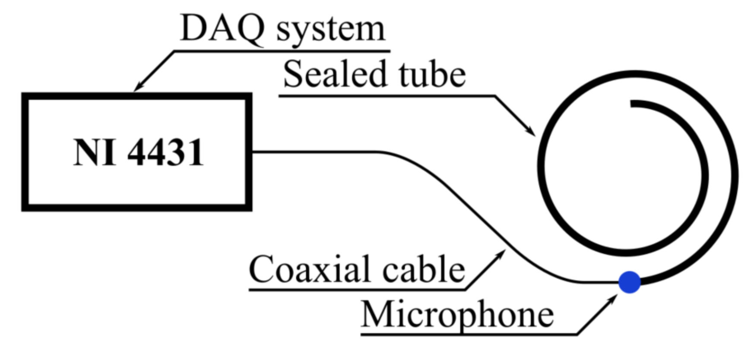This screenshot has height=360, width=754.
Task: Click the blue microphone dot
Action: click(629, 282)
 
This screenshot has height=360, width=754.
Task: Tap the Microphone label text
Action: click(457, 315)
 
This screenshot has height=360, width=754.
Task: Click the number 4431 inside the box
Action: click(165, 152)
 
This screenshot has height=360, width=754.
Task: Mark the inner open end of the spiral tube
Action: click(633, 104)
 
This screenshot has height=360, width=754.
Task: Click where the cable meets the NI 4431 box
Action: click(252, 152)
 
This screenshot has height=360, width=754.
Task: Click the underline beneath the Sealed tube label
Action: click(387, 95)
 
